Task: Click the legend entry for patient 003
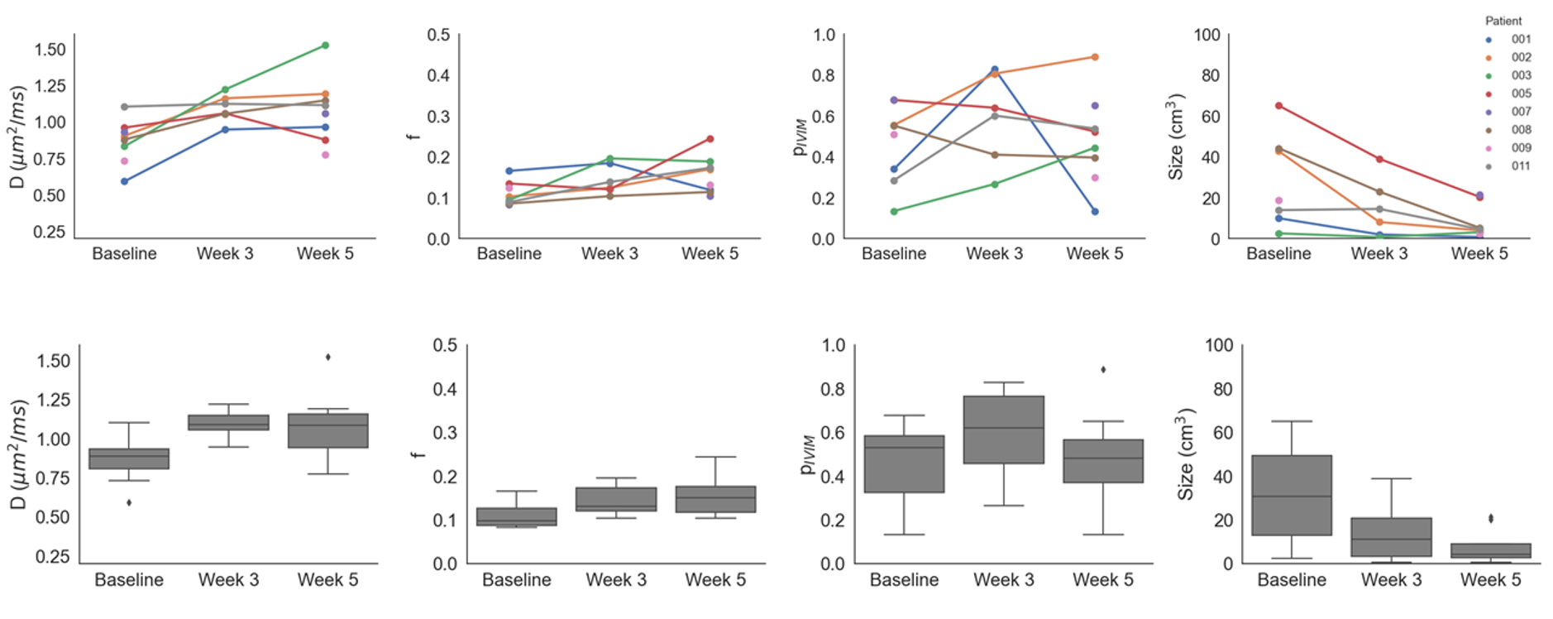coord(1520,75)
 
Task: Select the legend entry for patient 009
coord(1520,148)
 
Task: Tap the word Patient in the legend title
coord(1503,21)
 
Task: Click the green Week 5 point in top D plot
coord(325,46)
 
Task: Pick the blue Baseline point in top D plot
coord(124,181)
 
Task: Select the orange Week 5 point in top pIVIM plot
coord(1095,57)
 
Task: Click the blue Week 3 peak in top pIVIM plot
coord(994,70)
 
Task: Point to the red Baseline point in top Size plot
coord(1278,106)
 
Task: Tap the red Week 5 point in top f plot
coord(710,139)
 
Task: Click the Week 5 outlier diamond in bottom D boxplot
coord(328,357)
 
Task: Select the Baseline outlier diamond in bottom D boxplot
coord(129,502)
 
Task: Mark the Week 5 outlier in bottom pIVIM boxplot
coord(1103,370)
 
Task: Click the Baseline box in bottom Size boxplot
coord(1292,495)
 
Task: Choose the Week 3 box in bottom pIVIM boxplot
coord(1004,429)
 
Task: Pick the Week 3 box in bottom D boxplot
coord(228,422)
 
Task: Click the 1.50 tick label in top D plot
coord(50,50)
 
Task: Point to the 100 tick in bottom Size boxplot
coord(1219,345)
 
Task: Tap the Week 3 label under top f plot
coord(609,254)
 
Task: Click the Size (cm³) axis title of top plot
coord(1175,137)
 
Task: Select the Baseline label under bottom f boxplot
coord(517,580)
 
